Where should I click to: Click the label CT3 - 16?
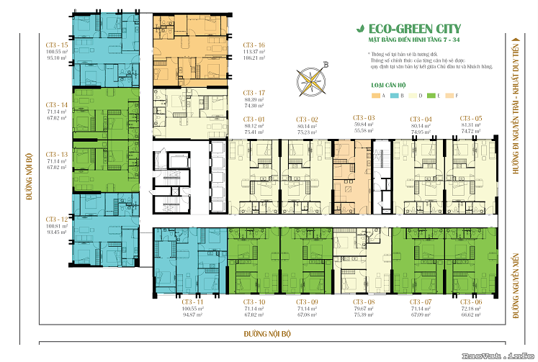254,45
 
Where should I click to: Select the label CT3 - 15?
56,45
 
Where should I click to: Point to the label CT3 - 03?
364,117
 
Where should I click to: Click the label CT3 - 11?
194,302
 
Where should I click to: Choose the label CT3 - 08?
364,302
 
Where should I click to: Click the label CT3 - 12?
56,219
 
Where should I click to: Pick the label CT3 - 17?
254,93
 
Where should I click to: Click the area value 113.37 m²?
254,52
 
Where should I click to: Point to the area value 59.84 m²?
364,125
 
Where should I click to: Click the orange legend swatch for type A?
375,96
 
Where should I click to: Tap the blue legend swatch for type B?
395,96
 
